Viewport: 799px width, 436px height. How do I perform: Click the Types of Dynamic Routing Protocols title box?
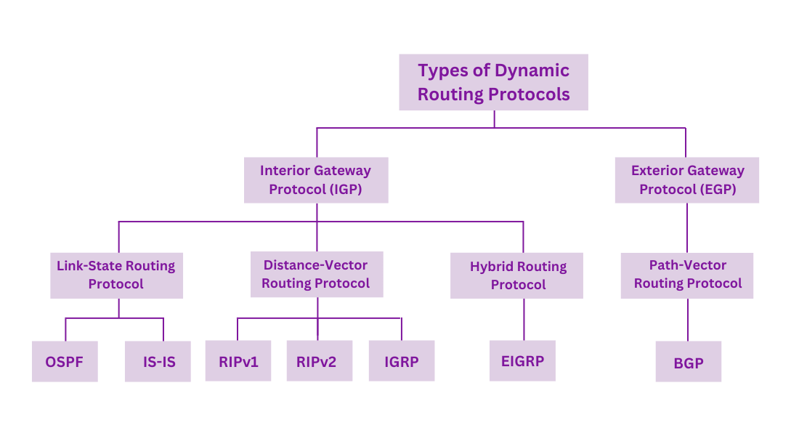(x=493, y=82)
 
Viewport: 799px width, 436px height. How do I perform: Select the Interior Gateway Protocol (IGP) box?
(x=315, y=180)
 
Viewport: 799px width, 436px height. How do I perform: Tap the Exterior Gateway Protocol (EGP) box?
(x=687, y=180)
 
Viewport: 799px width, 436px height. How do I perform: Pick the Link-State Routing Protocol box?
(x=116, y=275)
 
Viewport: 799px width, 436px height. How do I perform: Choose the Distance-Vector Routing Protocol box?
(x=316, y=275)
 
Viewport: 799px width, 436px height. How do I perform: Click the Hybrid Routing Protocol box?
(x=516, y=275)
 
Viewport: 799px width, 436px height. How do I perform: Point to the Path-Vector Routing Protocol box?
(x=687, y=275)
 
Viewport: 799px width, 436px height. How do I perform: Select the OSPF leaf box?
(x=65, y=361)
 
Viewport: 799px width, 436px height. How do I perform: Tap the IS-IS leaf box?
(x=158, y=361)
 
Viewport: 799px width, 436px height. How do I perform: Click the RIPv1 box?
(x=238, y=360)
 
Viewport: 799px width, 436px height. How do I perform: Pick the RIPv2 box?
(x=316, y=360)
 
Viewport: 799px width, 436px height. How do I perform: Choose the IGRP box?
(x=401, y=360)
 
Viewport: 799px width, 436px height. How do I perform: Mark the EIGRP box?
(x=522, y=360)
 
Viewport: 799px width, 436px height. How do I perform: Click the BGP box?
(x=688, y=361)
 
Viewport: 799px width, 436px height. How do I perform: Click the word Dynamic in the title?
(x=532, y=70)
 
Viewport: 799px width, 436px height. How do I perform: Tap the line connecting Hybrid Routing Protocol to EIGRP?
(x=524, y=319)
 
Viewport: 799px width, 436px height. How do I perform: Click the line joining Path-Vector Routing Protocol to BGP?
(x=687, y=319)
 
